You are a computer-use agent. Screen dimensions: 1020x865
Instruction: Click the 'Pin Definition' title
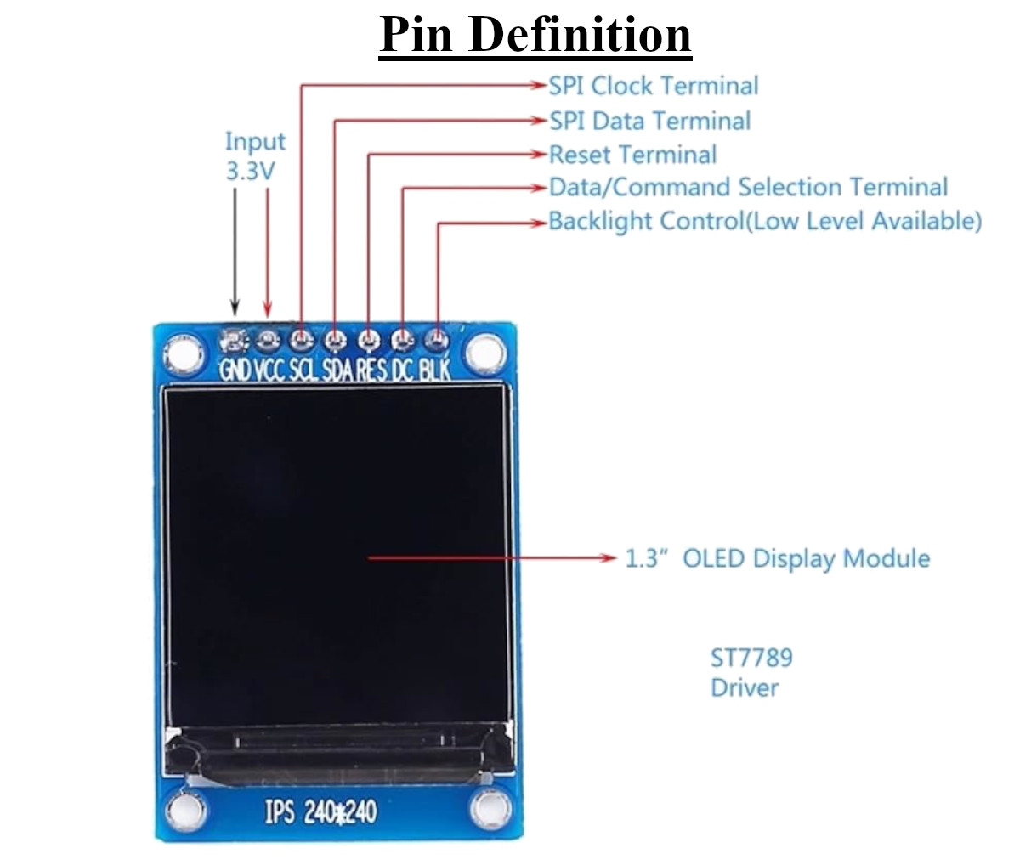point(535,35)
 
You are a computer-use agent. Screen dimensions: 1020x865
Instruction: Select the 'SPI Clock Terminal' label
point(654,86)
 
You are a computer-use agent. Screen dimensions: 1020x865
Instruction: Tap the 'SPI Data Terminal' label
point(650,121)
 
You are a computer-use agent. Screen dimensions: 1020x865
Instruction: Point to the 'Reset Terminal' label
point(632,155)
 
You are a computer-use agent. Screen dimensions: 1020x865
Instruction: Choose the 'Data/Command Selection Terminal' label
point(748,188)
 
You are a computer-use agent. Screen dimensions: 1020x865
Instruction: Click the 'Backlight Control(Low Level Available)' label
point(765,221)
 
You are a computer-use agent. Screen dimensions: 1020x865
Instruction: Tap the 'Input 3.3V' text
point(255,156)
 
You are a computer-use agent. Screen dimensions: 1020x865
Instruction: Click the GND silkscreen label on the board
point(235,370)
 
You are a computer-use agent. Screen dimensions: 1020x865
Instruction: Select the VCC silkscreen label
point(270,370)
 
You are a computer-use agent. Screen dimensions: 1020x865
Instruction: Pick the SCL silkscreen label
point(303,370)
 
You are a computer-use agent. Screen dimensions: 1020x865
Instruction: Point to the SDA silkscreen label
point(338,370)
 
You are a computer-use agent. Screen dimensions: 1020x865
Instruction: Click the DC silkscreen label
point(403,370)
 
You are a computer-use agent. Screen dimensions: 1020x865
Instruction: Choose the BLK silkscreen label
point(435,370)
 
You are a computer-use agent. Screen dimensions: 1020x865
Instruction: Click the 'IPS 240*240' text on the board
point(320,811)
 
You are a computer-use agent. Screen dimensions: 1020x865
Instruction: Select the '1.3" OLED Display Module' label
point(777,558)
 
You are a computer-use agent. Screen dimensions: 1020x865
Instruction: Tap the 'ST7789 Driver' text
point(751,673)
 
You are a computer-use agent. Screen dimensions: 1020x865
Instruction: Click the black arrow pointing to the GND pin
point(235,252)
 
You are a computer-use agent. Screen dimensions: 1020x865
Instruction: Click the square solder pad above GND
point(235,340)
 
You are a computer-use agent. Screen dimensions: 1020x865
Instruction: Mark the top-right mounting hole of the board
point(486,352)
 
